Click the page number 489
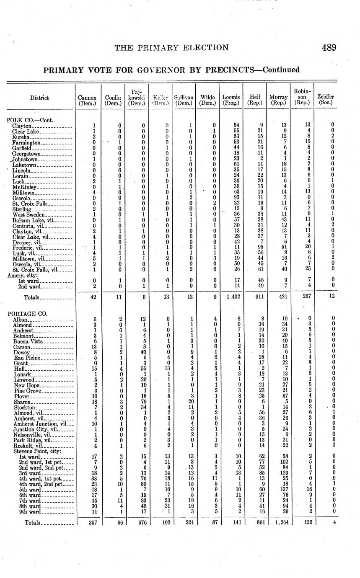[x=329, y=48]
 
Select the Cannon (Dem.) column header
[x=87, y=100]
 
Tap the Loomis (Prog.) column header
[x=231, y=100]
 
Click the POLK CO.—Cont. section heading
[x=30, y=120]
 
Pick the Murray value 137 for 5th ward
[x=279, y=490]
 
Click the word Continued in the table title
[x=280, y=70]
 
